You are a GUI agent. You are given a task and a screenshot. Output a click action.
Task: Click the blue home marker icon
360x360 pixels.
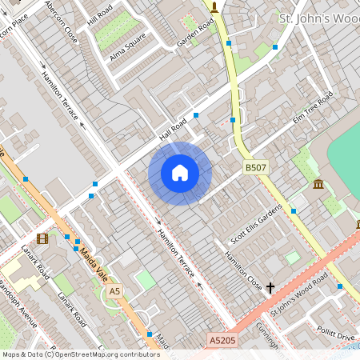point(180,173)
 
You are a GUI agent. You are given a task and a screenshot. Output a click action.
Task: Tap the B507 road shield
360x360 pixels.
point(255,167)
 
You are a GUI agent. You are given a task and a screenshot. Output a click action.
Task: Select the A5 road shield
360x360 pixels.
point(115,290)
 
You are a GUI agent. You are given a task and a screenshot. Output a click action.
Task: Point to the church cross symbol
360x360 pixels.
point(270,286)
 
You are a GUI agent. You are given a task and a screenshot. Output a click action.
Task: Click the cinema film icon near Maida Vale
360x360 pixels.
point(42,238)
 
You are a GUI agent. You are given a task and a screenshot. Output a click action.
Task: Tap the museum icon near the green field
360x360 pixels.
point(318,186)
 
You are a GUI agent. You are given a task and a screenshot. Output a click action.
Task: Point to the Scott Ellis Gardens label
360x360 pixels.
point(256,223)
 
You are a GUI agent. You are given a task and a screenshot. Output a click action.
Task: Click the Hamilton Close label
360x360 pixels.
point(243,270)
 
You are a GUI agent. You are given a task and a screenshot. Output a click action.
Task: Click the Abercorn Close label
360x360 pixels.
point(62,21)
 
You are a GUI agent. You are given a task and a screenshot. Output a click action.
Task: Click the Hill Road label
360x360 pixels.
point(101,16)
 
